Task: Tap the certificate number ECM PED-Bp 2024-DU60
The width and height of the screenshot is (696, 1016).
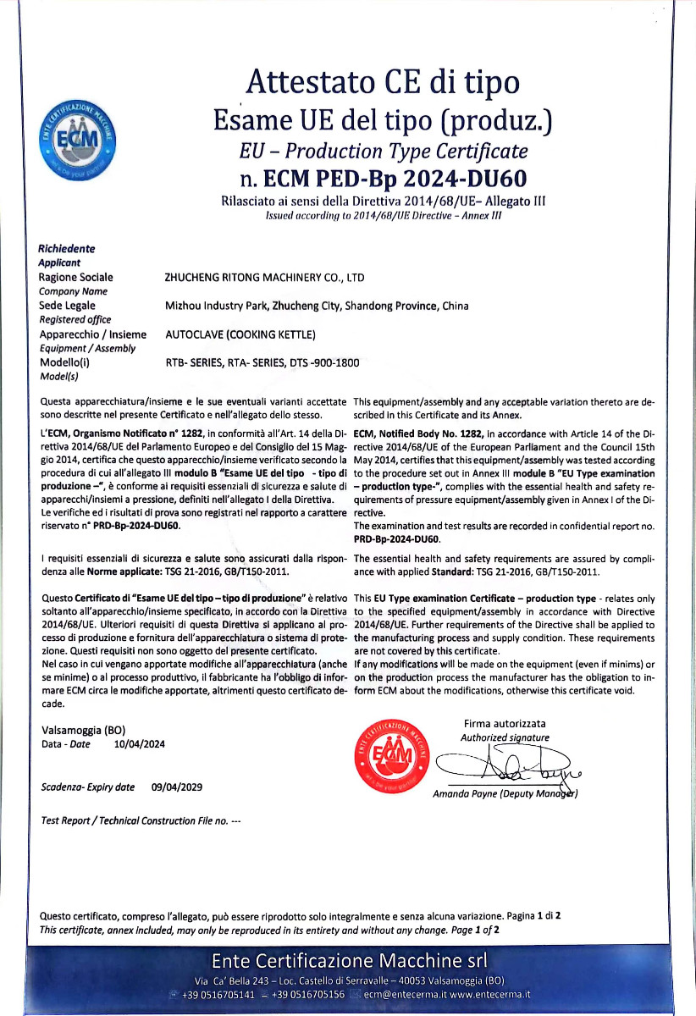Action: click(384, 178)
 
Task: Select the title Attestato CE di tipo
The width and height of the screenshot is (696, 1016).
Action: click(383, 83)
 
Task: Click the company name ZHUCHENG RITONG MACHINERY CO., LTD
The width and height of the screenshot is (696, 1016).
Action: click(264, 277)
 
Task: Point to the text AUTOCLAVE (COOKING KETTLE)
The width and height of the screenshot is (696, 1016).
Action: click(240, 334)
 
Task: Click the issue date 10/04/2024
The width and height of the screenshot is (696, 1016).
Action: click(139, 744)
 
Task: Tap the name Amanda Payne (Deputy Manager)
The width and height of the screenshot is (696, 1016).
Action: click(505, 794)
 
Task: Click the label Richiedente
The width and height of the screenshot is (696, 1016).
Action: click(67, 249)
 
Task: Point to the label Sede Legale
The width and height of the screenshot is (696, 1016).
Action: click(68, 305)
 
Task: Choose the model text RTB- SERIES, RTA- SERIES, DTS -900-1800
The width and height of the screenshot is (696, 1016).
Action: click(262, 363)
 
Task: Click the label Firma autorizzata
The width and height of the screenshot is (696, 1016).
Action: click(505, 724)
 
